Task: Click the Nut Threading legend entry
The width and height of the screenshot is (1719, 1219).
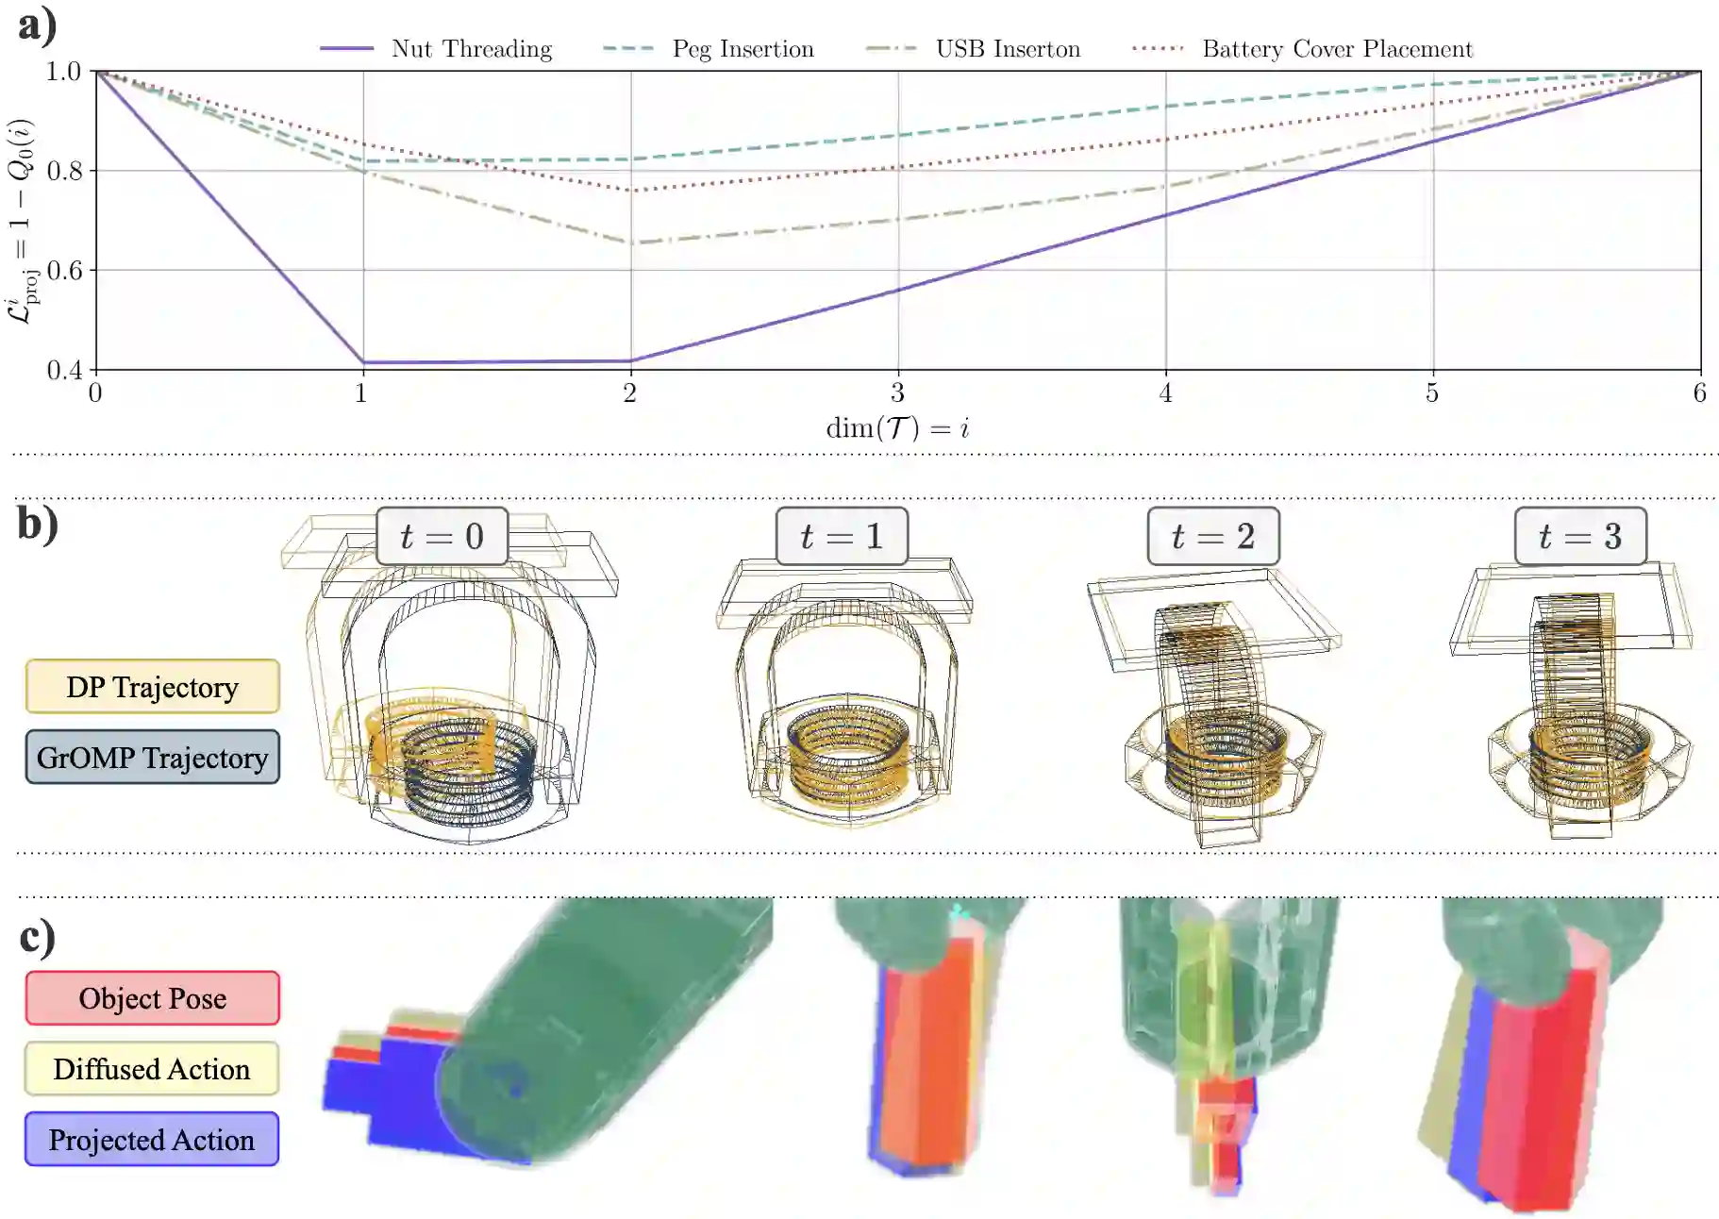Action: coord(437,49)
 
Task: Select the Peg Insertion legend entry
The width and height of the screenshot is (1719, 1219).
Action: coord(709,49)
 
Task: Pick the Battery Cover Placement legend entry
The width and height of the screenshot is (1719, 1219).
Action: coord(1302,49)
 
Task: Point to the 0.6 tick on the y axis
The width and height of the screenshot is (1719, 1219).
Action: coord(64,271)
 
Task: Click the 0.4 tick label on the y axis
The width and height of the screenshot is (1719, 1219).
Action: coord(64,370)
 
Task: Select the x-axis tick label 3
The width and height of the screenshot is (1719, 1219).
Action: coord(897,392)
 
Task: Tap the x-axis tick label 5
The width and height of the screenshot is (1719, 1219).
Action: coord(1432,392)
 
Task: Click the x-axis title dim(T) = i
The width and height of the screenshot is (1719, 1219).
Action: coord(897,428)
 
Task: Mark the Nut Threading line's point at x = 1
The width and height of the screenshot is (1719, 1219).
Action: coord(363,362)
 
